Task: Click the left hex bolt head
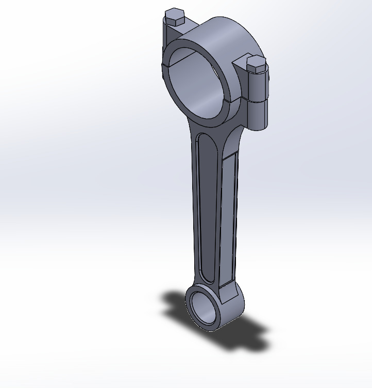(x=174, y=18)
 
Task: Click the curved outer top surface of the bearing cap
(x=227, y=34)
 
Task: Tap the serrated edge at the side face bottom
(x=227, y=285)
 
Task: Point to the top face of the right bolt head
(x=256, y=61)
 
